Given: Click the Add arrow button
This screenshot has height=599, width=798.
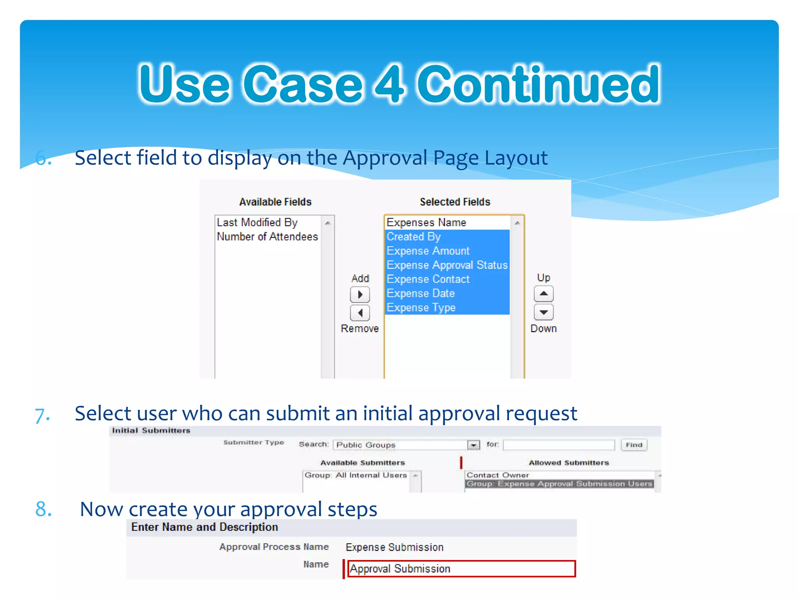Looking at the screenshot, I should click(x=360, y=294).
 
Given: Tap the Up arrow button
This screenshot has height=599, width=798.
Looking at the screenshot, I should click(x=544, y=294).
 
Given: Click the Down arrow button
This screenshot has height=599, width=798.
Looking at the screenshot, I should click(x=544, y=312).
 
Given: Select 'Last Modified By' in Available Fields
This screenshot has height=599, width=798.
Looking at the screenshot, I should click(x=257, y=222).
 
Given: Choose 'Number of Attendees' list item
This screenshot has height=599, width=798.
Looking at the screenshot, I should click(x=267, y=237).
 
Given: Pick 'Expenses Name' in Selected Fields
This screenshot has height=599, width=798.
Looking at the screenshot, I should click(x=426, y=222).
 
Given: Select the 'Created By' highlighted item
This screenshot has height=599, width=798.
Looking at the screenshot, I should click(x=414, y=237).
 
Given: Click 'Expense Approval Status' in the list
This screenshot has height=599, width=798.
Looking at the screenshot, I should click(x=447, y=265).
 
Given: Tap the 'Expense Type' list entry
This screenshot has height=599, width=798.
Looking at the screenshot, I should click(x=421, y=308).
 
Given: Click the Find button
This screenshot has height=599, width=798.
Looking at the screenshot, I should click(x=634, y=445).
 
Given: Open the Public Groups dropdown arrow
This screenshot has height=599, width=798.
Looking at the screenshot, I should click(x=473, y=445).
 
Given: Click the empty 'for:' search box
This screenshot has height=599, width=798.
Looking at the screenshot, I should click(x=559, y=445).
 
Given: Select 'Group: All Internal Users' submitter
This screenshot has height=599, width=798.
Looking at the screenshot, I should click(x=356, y=475).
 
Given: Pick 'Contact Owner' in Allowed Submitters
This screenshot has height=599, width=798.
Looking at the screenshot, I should click(x=498, y=475).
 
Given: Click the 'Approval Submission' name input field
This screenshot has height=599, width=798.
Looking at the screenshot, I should click(x=461, y=569).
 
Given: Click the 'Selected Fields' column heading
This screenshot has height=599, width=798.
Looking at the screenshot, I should click(x=455, y=202).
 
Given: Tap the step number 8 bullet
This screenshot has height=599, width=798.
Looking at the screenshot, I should click(x=43, y=509).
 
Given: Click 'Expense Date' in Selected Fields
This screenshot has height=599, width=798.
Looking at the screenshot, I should click(x=420, y=293).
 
